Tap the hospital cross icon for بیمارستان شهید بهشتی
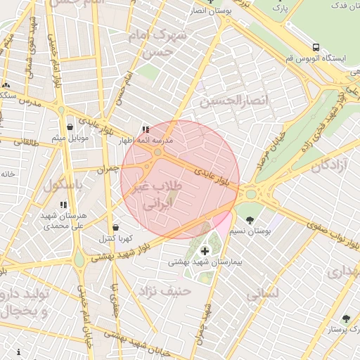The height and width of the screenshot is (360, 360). pos(205,250)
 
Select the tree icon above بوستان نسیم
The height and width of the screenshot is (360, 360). pos(250,219)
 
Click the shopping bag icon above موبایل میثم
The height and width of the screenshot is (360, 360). pos(70,127)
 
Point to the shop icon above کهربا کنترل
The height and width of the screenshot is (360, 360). pos(116,228)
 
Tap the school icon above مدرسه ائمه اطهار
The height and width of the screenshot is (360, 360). pos(146,129)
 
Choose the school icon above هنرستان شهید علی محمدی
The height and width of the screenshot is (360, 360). pos(63,205)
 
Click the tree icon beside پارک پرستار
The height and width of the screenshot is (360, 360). pos(345,319)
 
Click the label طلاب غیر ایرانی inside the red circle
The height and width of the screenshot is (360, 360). pos(157,196)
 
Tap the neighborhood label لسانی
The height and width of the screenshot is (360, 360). pos(264,293)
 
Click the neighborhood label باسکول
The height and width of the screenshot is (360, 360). pos(63,186)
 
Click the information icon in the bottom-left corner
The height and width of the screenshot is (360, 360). pos(17,352)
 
